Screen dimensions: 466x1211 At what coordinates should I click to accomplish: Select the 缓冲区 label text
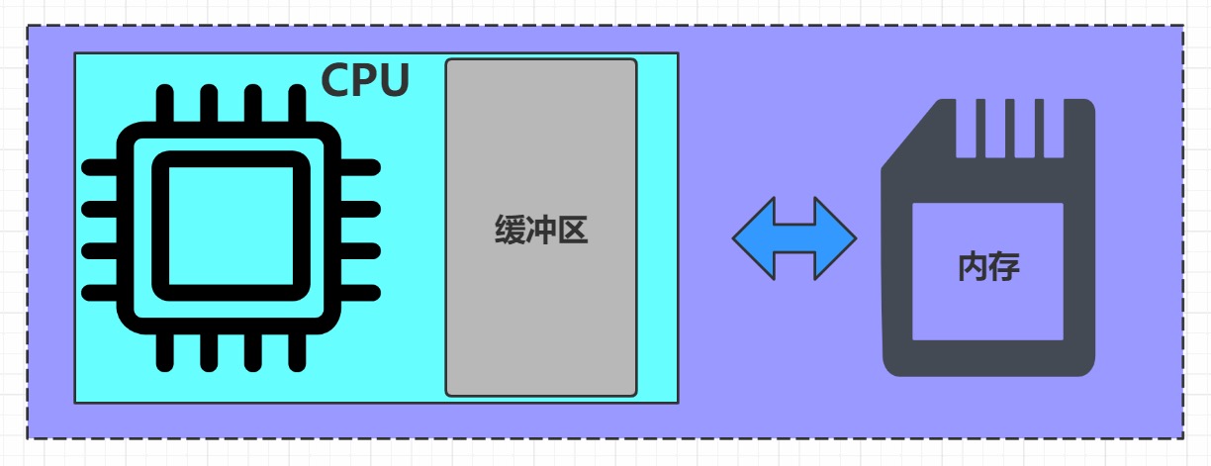(x=541, y=231)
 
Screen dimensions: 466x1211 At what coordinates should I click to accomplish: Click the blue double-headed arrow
(x=794, y=237)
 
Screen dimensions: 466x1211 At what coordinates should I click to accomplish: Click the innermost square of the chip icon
(x=231, y=226)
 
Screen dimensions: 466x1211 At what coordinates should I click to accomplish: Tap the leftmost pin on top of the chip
(x=165, y=104)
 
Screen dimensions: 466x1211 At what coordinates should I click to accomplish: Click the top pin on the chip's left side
(x=100, y=167)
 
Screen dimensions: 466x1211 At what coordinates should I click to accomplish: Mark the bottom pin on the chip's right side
(x=361, y=292)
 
